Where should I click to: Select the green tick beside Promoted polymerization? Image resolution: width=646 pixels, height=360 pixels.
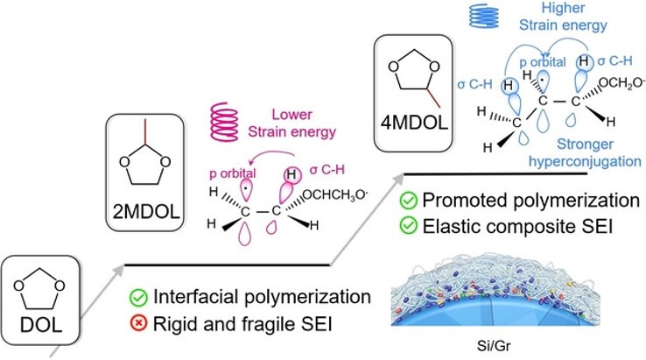click(407, 202)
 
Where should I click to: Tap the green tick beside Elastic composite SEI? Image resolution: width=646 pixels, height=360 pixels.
click(407, 226)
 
